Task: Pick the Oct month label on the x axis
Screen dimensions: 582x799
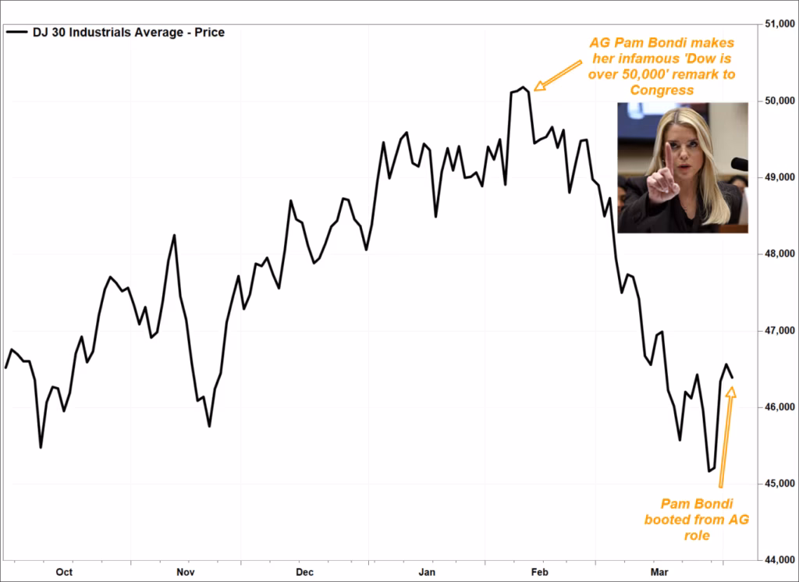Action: point(64,572)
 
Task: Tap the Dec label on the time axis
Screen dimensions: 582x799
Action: point(304,572)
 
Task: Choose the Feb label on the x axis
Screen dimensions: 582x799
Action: point(540,572)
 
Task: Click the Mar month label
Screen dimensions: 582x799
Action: point(660,572)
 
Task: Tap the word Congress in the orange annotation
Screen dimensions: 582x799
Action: point(661,90)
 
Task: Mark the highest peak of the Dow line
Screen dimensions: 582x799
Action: point(523,87)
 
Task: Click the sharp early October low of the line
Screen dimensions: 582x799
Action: point(41,447)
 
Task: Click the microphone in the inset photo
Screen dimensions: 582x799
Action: point(738,164)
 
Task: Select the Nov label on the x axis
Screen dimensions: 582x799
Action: point(185,572)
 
